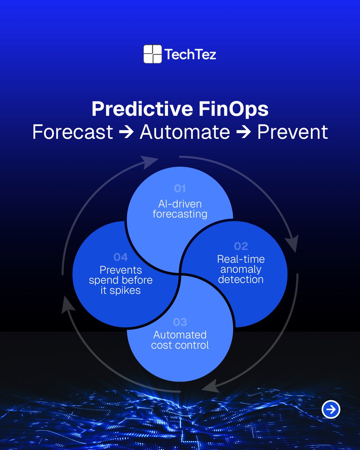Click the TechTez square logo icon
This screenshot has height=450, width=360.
(x=153, y=54)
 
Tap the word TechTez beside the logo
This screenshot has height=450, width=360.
(x=190, y=55)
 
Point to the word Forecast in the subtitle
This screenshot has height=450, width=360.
(x=73, y=132)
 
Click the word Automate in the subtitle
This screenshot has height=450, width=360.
(x=185, y=132)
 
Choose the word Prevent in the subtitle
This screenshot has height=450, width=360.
(x=292, y=132)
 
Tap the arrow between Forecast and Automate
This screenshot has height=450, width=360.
(x=126, y=132)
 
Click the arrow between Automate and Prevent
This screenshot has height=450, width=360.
(x=244, y=132)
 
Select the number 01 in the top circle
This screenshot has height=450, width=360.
(x=180, y=188)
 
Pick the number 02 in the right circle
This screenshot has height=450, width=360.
(x=241, y=246)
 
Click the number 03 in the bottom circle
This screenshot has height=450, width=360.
(x=180, y=322)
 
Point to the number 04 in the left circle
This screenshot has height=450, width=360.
(x=121, y=257)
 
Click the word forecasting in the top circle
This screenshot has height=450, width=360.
(x=180, y=214)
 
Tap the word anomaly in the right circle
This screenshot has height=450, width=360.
(x=241, y=269)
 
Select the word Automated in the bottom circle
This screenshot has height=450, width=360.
(x=180, y=334)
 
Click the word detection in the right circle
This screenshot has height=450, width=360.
(x=241, y=279)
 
